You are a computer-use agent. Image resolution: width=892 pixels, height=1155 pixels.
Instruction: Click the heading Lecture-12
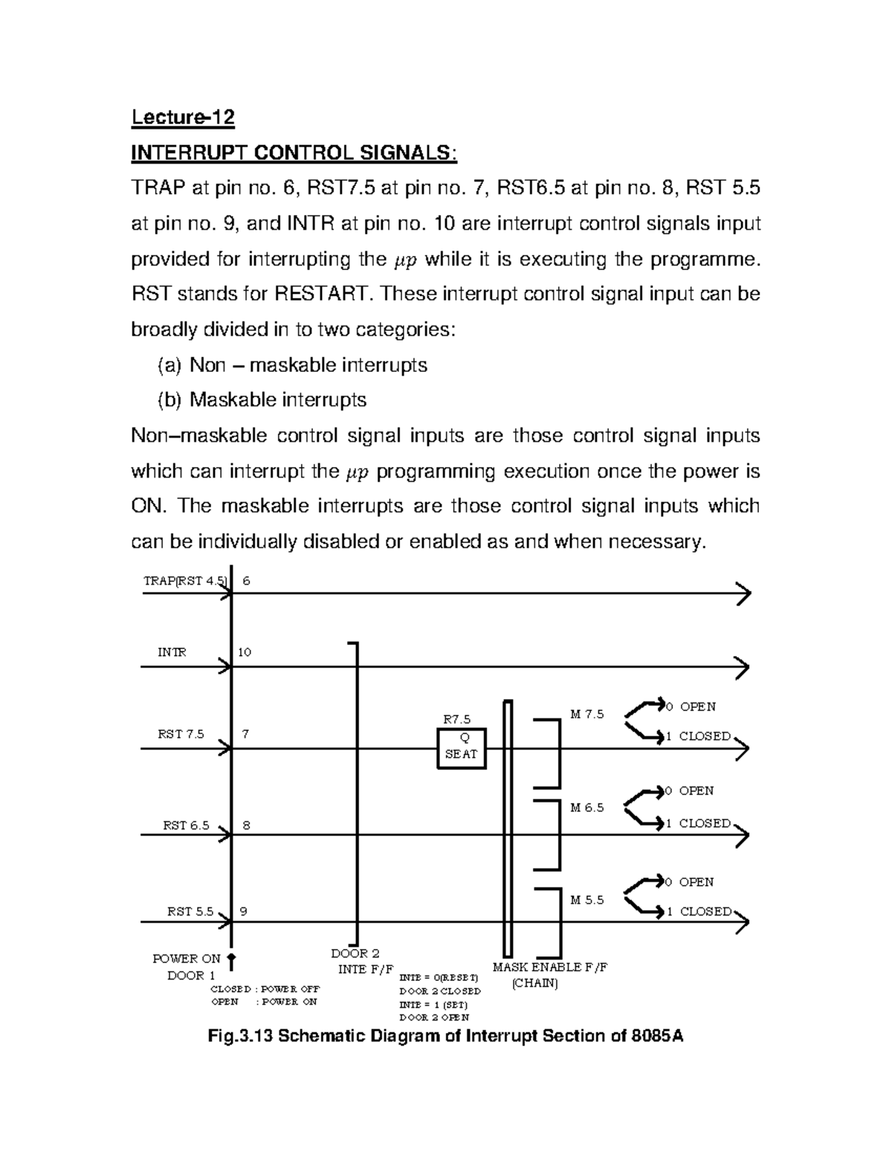click(x=183, y=118)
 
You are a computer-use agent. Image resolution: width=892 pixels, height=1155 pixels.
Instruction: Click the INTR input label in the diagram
click(x=172, y=652)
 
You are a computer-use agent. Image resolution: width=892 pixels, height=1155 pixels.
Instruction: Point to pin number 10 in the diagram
click(x=245, y=652)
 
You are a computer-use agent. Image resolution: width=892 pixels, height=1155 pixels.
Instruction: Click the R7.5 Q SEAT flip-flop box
click(x=461, y=747)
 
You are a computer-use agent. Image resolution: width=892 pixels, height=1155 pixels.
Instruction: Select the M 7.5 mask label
click(x=586, y=714)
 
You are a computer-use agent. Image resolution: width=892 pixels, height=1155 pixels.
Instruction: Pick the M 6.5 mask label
click(x=586, y=807)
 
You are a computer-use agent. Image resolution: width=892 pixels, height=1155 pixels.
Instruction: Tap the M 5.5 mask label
click(x=586, y=900)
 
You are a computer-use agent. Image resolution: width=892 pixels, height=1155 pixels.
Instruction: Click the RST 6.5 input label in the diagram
click(x=186, y=826)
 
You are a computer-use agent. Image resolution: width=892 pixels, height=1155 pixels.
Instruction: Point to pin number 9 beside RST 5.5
click(x=244, y=911)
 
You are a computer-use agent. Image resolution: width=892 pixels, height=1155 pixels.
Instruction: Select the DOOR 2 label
click(x=355, y=953)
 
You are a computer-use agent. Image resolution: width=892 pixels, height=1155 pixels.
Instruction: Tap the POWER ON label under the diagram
click(x=187, y=959)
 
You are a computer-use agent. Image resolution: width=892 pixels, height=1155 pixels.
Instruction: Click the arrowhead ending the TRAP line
click(x=743, y=594)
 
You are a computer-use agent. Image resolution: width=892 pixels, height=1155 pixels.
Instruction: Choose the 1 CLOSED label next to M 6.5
click(x=698, y=823)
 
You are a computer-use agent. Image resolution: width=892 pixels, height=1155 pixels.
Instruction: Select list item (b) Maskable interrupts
click(x=262, y=399)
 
